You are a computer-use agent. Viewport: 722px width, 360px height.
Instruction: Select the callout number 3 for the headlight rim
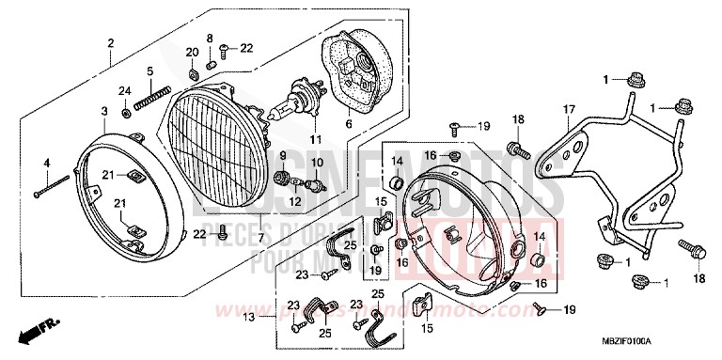tap(103, 112)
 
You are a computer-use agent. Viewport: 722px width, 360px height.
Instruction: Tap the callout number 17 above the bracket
tap(568, 110)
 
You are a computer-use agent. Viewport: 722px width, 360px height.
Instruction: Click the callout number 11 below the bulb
tap(316, 140)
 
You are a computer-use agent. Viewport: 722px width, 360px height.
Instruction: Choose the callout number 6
tap(349, 123)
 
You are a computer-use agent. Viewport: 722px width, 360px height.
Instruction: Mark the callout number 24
tap(123, 91)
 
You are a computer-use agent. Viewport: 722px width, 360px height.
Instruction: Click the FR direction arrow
tap(40, 330)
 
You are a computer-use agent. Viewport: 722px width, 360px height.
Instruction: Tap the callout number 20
tap(192, 52)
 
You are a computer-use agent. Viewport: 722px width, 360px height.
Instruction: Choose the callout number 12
tap(293, 201)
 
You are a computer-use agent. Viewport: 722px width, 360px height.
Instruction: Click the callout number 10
tap(316, 163)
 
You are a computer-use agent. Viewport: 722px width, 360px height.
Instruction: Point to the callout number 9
tap(282, 154)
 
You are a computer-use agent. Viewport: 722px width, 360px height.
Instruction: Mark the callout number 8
tap(210, 38)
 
